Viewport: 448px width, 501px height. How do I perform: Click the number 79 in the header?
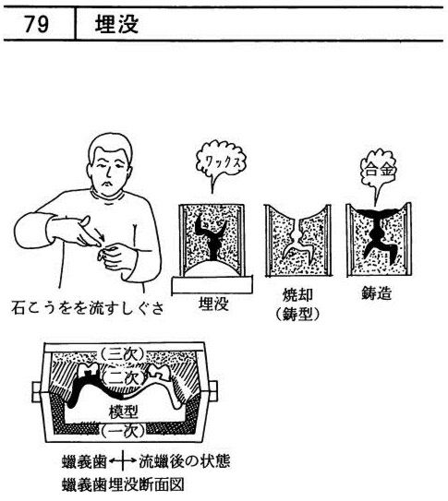(37, 24)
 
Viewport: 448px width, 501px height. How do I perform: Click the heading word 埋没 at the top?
(116, 24)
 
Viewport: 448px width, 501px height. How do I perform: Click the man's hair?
(110, 149)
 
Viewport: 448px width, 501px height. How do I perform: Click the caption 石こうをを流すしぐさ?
(88, 307)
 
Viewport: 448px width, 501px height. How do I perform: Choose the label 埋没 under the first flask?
(213, 304)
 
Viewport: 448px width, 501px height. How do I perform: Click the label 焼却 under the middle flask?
(297, 295)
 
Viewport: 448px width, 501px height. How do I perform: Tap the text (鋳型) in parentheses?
(297, 315)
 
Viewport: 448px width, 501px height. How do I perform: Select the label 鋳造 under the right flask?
(376, 292)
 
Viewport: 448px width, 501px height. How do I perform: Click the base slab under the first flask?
(212, 285)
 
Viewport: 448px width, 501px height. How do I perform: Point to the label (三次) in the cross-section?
(124, 354)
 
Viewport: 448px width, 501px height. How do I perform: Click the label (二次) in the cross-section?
(124, 378)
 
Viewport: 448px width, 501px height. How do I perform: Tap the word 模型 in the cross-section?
(124, 412)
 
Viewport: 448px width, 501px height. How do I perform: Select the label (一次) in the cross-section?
(124, 431)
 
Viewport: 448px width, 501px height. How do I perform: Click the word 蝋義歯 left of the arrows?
(84, 461)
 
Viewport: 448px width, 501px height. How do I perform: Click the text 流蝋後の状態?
(184, 461)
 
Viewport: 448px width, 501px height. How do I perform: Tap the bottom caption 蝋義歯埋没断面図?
(123, 484)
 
